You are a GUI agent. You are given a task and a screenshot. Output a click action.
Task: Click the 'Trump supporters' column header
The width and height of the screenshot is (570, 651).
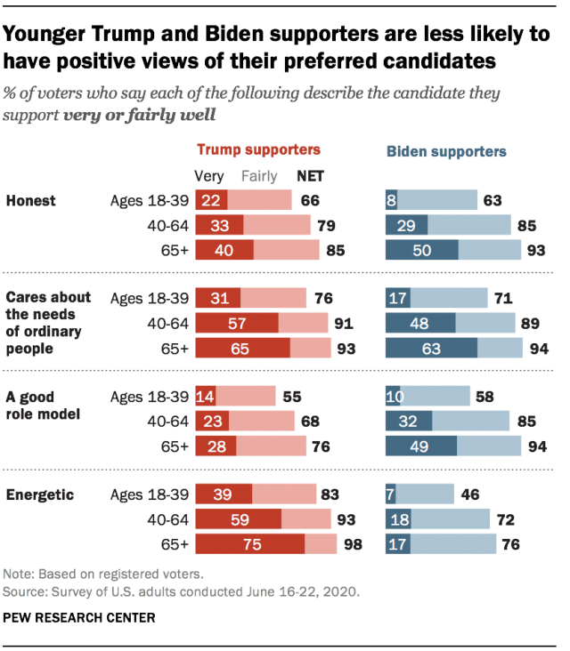(x=257, y=150)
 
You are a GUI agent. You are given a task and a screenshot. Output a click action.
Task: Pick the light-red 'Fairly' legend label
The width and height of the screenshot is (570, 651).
(x=260, y=176)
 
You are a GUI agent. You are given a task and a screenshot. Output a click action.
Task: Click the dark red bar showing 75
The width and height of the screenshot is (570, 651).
(x=249, y=543)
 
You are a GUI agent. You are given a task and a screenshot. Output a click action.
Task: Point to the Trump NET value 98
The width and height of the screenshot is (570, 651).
(x=354, y=543)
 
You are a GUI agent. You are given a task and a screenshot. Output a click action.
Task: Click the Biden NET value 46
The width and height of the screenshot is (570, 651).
(x=468, y=494)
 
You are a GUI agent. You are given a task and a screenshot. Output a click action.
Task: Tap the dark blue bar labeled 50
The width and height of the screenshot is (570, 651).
(x=421, y=251)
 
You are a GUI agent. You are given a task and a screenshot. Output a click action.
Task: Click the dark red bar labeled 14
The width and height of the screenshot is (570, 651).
(x=206, y=397)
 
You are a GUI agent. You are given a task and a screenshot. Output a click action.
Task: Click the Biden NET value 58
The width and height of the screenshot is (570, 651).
(x=484, y=397)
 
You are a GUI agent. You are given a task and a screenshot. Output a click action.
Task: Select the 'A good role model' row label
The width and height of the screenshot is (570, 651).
(x=44, y=405)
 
